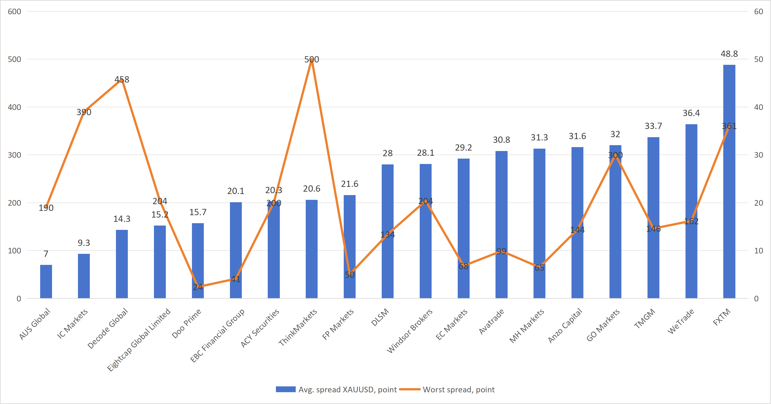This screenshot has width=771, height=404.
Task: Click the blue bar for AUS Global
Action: click(x=46, y=282)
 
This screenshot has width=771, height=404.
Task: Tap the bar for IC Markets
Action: click(x=84, y=276)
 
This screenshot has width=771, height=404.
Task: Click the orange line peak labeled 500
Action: click(x=312, y=60)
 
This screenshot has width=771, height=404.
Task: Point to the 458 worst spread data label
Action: click(x=122, y=79)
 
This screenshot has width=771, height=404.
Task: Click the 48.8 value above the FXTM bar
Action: click(x=729, y=54)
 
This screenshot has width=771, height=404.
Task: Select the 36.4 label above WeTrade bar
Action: click(x=691, y=113)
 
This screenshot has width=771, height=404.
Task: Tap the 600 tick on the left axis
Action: click(x=14, y=12)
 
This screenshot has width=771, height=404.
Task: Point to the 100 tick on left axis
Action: click(x=14, y=251)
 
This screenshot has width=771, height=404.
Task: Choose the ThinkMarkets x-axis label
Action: click(x=298, y=327)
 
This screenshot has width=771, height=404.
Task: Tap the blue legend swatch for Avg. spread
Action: click(x=285, y=389)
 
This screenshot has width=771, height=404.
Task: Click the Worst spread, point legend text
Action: click(x=459, y=390)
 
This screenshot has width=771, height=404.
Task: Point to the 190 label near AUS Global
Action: click(x=46, y=208)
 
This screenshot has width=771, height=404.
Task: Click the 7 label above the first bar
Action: click(x=46, y=254)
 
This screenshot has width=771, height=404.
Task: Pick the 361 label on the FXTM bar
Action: click(x=729, y=126)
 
